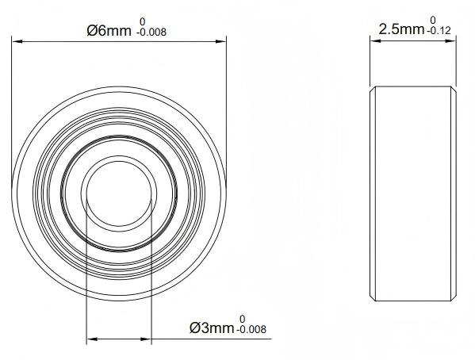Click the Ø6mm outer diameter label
[109, 30]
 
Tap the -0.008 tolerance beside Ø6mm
[151, 33]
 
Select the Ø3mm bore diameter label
[212, 327]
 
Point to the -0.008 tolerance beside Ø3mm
[252, 329]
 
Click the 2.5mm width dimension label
[402, 29]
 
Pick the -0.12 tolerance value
[439, 31]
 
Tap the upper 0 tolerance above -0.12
[433, 21]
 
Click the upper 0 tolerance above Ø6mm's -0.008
[143, 22]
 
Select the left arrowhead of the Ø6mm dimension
[17, 41]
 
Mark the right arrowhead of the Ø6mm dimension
[220, 41]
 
